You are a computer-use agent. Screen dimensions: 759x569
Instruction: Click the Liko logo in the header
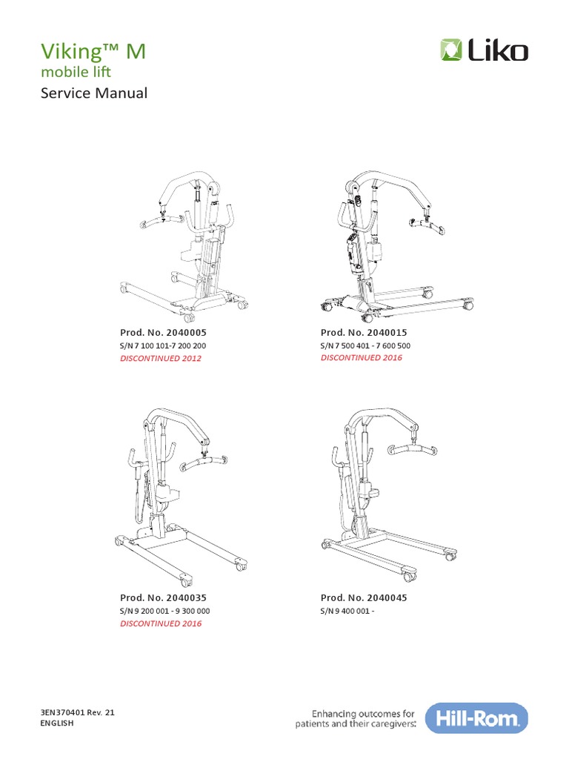pyautogui.click(x=484, y=51)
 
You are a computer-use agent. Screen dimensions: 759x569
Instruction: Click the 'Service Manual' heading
pyautogui.click(x=93, y=93)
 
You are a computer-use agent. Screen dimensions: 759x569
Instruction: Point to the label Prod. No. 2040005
pyautogui.click(x=163, y=333)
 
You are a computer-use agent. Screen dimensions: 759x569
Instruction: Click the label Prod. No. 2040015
pyautogui.click(x=364, y=333)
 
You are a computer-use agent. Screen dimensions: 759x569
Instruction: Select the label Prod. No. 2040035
pyautogui.click(x=163, y=597)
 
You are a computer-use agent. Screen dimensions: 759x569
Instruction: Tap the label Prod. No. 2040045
pyautogui.click(x=364, y=597)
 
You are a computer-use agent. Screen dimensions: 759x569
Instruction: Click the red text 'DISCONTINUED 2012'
pyautogui.click(x=160, y=358)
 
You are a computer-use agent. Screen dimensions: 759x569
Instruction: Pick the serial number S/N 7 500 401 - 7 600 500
pyautogui.click(x=365, y=345)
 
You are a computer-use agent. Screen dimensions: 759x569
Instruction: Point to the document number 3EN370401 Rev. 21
pyautogui.click(x=78, y=712)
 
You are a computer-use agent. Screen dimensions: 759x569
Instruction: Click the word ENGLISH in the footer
pyautogui.click(x=57, y=723)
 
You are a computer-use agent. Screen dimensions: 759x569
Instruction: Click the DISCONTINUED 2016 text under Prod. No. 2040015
pyautogui.click(x=361, y=358)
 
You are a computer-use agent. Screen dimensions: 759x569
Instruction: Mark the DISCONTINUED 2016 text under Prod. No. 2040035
pyautogui.click(x=160, y=623)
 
